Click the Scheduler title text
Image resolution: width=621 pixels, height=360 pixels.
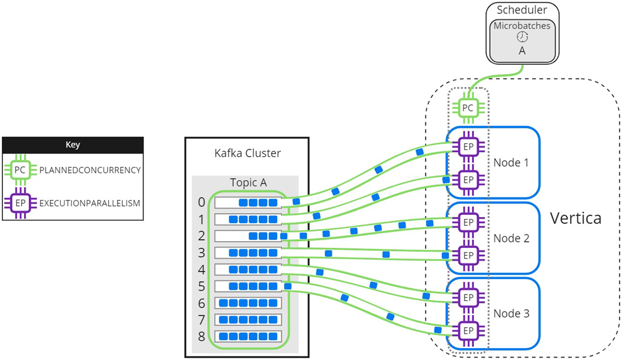[x=521, y=10]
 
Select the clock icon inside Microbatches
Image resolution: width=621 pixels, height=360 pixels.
[x=521, y=37]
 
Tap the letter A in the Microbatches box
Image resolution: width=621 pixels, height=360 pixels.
[x=521, y=52]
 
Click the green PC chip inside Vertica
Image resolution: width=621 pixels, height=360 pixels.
[x=468, y=108]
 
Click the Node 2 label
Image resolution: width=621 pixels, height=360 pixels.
[x=511, y=238]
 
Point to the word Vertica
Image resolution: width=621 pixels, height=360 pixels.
[x=576, y=218]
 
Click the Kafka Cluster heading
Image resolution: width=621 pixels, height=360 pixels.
[x=247, y=153]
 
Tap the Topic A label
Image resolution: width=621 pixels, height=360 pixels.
[x=247, y=182]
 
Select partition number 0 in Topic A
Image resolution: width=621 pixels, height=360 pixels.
[x=202, y=202]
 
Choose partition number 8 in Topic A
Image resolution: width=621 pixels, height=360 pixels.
[x=202, y=336]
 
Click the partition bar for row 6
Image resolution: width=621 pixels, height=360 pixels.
[x=248, y=302]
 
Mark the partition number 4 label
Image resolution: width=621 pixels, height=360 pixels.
[x=202, y=269]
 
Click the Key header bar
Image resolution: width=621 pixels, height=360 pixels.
[x=73, y=145]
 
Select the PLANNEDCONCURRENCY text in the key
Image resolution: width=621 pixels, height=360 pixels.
[x=90, y=170]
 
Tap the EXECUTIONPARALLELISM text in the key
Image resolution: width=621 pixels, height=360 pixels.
[x=90, y=203]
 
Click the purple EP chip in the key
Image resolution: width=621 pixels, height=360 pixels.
[x=20, y=203]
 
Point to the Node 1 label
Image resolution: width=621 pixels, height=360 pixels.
[x=511, y=163]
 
